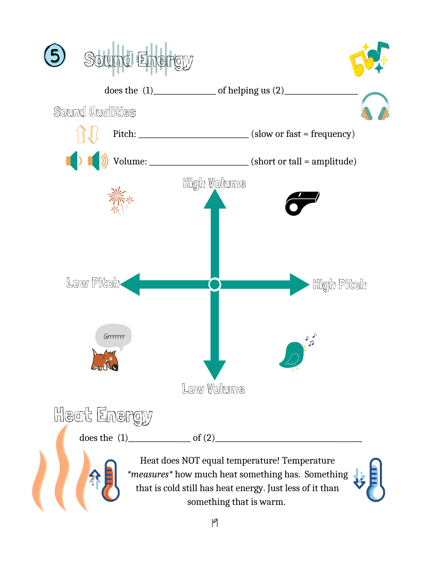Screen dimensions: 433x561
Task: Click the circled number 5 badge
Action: click(55, 55)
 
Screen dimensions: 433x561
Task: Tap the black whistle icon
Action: click(302, 203)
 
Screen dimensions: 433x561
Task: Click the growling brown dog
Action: click(105, 360)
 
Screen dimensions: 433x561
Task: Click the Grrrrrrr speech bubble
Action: click(114, 337)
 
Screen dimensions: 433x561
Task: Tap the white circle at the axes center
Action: click(215, 284)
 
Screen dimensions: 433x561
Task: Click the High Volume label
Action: click(214, 183)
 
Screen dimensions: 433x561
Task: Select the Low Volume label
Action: click(213, 389)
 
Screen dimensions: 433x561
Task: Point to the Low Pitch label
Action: click(93, 283)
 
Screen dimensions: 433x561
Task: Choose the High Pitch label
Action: click(340, 285)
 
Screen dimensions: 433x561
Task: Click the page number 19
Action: click(215, 523)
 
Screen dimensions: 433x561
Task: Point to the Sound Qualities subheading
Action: click(95, 112)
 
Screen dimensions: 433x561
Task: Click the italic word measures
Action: click(150, 474)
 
